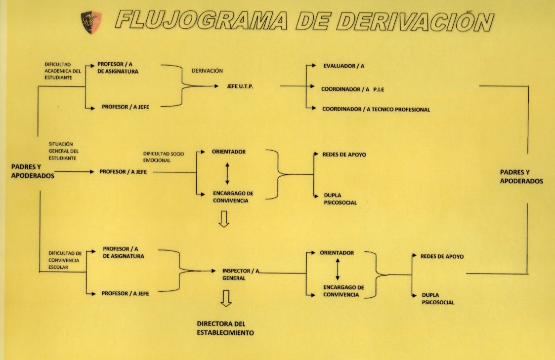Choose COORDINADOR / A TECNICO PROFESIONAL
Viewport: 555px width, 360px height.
pos(376,110)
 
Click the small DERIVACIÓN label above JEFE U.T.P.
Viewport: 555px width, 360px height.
pos(207,71)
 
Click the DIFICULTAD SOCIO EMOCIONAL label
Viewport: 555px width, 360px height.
pos(163,157)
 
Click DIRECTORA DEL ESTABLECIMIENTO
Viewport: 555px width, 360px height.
pos(225,328)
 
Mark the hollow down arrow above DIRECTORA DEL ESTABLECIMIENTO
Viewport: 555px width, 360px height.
pos(226,298)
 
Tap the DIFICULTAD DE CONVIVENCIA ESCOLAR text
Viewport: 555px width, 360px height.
pos(65,260)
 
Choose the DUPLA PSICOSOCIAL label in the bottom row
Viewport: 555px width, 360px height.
pos(438,299)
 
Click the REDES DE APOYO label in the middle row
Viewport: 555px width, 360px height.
pos(344,155)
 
